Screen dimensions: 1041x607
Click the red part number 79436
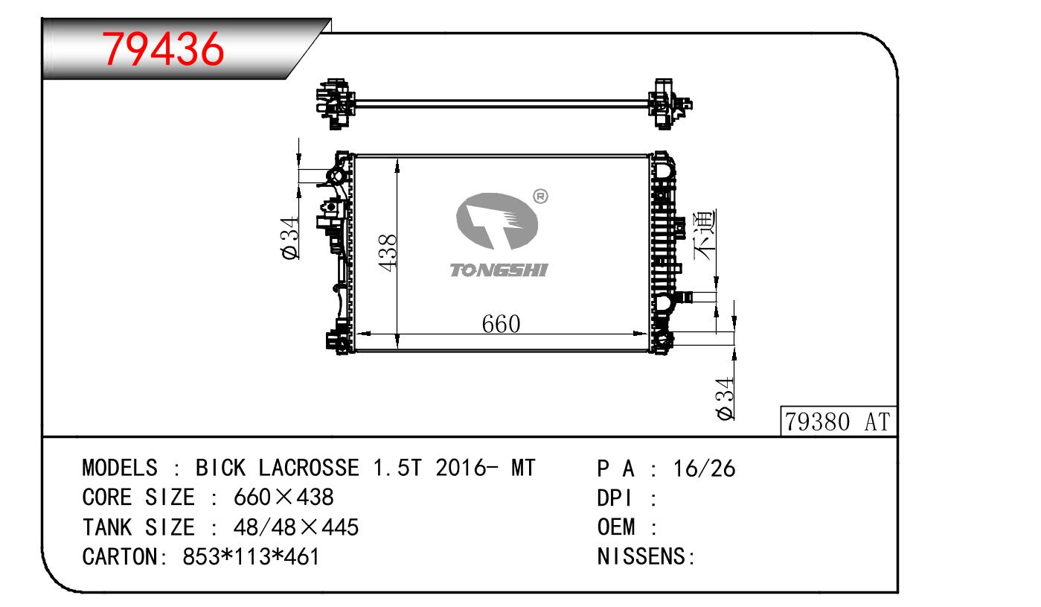coord(163,48)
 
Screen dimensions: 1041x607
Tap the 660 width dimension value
coord(501,324)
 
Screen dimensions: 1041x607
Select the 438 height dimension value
coord(388,252)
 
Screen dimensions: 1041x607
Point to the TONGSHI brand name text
coord(499,270)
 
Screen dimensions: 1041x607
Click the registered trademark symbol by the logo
coord(540,197)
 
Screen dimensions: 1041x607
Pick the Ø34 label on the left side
coord(290,238)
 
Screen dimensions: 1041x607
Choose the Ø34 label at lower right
coord(726,398)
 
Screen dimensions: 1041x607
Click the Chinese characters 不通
coord(705,235)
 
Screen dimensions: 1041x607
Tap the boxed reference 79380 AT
coord(837,422)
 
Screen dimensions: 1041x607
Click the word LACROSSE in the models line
coord(309,468)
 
